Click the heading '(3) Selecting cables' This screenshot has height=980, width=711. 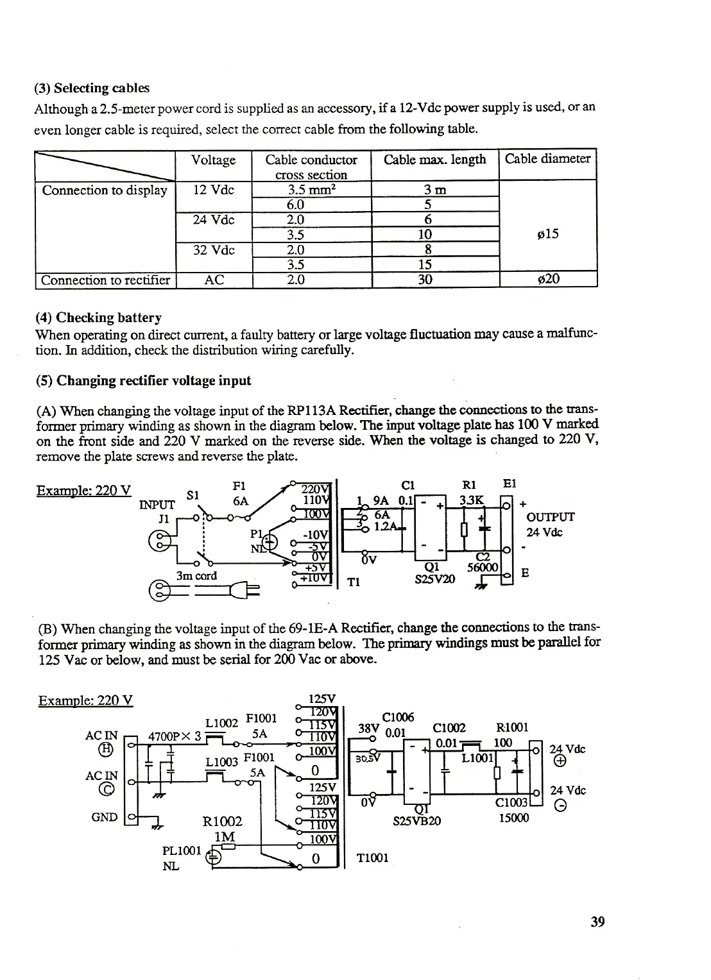coord(92,88)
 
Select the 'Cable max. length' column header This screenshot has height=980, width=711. coord(434,160)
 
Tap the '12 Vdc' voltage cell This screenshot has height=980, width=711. coord(214,190)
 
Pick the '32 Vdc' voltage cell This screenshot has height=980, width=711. coord(214,250)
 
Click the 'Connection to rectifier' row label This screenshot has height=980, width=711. coord(105,280)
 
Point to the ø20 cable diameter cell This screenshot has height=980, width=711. coord(548,279)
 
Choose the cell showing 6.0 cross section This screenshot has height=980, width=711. coord(295,205)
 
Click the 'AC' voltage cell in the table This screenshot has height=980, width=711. coord(214,280)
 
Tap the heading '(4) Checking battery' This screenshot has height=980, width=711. coord(99,317)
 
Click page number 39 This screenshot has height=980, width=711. coord(597,922)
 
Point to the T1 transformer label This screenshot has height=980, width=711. coord(354,582)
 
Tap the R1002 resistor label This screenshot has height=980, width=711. coord(222,822)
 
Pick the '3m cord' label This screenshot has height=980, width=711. coord(196,575)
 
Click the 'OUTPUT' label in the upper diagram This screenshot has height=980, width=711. coord(550,517)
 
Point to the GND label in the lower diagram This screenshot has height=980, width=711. coord(105,817)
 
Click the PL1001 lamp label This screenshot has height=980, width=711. coord(182,852)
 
